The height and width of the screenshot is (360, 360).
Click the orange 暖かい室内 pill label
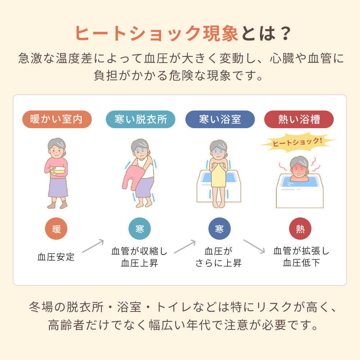click(x=57, y=119)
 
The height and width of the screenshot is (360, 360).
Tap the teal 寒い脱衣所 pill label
click(x=140, y=119)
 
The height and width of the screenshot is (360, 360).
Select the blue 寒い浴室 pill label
click(x=220, y=119)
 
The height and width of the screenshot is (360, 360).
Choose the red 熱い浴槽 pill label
click(x=299, y=119)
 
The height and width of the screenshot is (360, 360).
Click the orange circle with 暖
click(x=57, y=229)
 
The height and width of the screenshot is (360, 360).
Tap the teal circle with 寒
click(x=140, y=229)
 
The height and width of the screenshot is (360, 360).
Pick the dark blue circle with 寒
click(x=220, y=229)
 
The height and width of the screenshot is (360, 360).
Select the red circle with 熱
click(x=300, y=229)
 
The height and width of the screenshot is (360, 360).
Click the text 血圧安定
click(x=56, y=257)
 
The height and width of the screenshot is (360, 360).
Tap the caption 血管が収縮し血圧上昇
click(x=140, y=257)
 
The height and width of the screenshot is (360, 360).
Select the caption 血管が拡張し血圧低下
click(x=301, y=257)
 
